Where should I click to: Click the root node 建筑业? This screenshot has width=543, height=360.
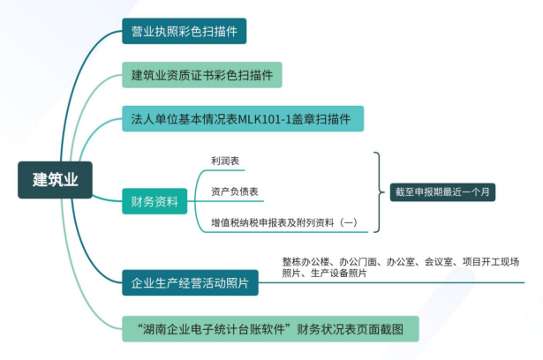57,180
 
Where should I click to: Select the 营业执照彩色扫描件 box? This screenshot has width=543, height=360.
183,33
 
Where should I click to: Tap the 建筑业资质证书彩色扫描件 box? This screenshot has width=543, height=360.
201,74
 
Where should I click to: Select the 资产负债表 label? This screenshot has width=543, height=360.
234,192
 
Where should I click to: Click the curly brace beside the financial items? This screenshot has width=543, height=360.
378,192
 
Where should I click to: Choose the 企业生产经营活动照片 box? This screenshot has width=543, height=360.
189,285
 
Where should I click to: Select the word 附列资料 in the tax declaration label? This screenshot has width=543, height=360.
316,222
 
